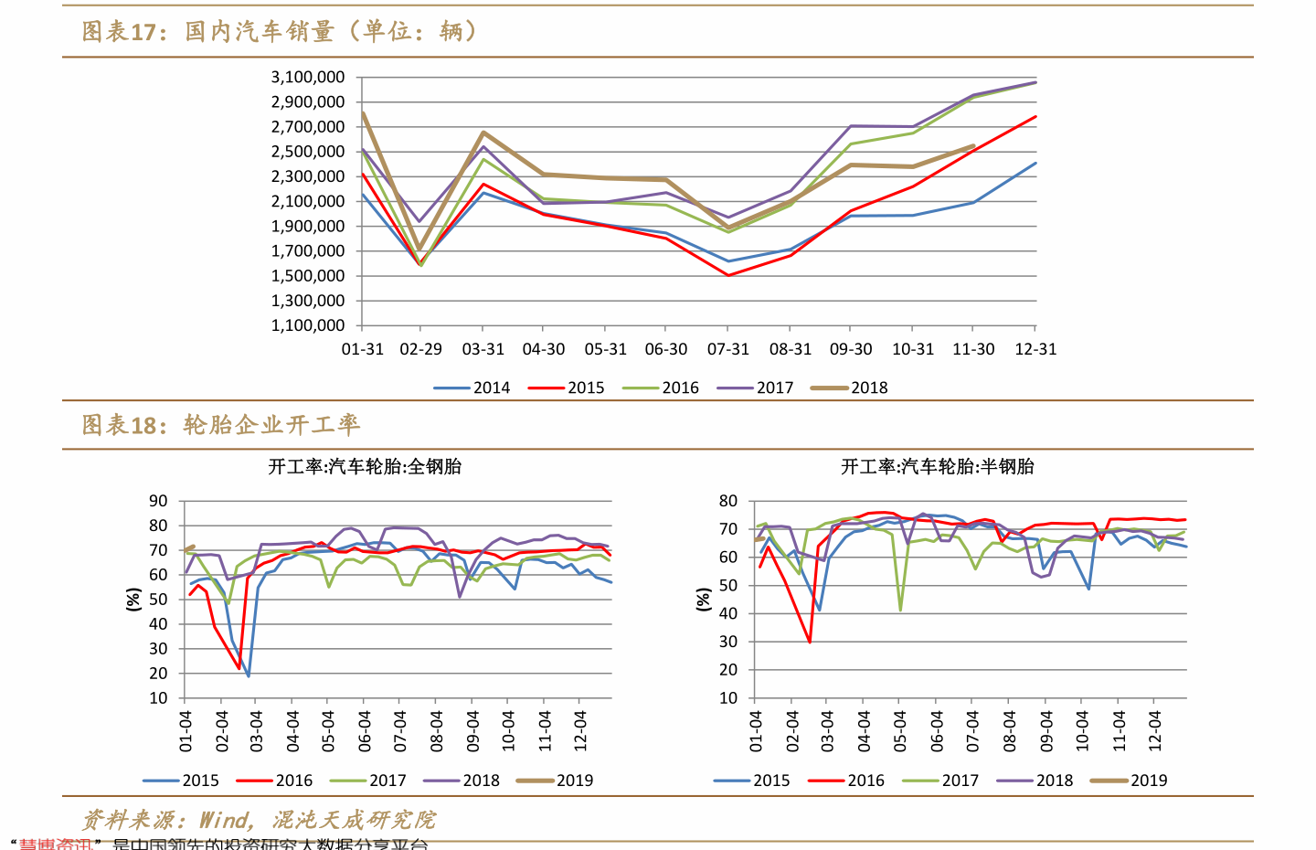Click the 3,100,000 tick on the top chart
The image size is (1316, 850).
click(307, 78)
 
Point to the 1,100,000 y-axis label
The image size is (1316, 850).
click(307, 325)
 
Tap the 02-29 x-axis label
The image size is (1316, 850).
click(421, 349)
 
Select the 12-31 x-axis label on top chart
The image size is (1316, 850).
click(1035, 349)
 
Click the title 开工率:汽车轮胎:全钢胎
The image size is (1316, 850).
click(365, 467)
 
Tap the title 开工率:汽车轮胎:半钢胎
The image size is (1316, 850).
click(937, 467)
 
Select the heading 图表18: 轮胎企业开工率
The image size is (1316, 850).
click(221, 425)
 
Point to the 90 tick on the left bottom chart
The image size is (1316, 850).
click(158, 501)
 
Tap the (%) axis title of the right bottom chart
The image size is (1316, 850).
click(703, 600)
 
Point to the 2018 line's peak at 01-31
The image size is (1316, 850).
click(364, 113)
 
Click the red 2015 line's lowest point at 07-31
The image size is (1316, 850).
click(728, 275)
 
